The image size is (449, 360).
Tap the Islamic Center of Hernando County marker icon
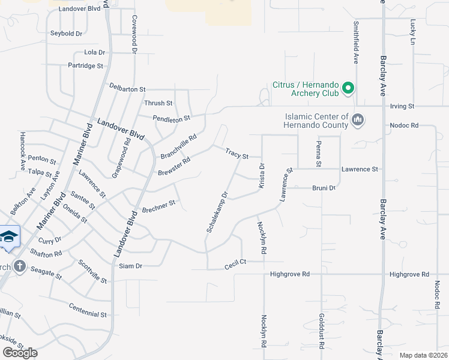(x=358, y=120)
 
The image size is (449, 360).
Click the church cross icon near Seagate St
(x=19, y=266)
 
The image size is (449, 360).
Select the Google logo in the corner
(x=20, y=353)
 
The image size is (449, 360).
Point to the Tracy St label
(x=237, y=154)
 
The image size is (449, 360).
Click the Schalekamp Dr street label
(x=217, y=212)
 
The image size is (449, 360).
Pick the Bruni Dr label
(x=324, y=188)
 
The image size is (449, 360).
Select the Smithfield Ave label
(x=356, y=43)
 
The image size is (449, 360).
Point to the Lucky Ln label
(x=413, y=32)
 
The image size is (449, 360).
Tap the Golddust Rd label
(x=322, y=331)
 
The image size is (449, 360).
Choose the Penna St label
(x=319, y=155)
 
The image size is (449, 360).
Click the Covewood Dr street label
(x=134, y=32)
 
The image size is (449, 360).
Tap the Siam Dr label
(x=130, y=266)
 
